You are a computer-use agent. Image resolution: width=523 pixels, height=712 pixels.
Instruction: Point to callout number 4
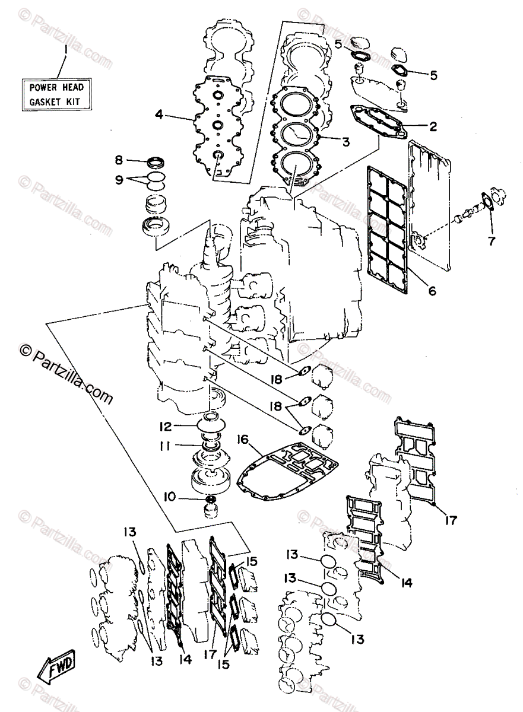click(x=159, y=115)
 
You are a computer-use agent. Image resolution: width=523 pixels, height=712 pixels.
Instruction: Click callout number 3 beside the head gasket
click(x=344, y=142)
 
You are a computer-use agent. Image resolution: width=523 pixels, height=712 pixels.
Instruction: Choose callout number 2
click(x=433, y=126)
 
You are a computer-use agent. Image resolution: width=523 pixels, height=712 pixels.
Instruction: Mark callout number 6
click(x=432, y=291)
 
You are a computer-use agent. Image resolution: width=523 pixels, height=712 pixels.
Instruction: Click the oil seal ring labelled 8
click(x=156, y=162)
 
